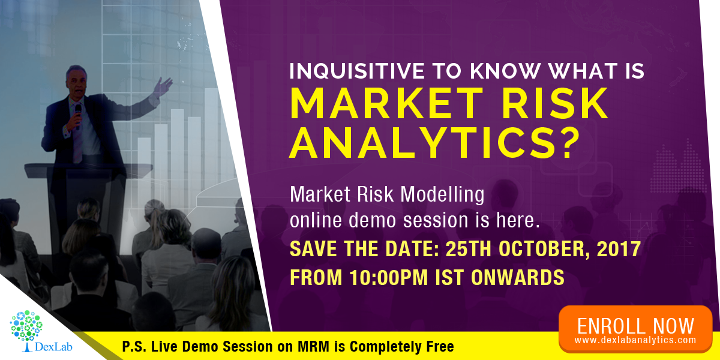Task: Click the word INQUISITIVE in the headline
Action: pos(357,71)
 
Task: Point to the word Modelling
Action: pos(442,195)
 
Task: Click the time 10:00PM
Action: pos(389,277)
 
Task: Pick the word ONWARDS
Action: pos(517,277)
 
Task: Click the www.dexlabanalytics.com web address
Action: pos(635,340)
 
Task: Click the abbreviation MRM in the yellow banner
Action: pos(313,347)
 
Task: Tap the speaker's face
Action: pos(77,83)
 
